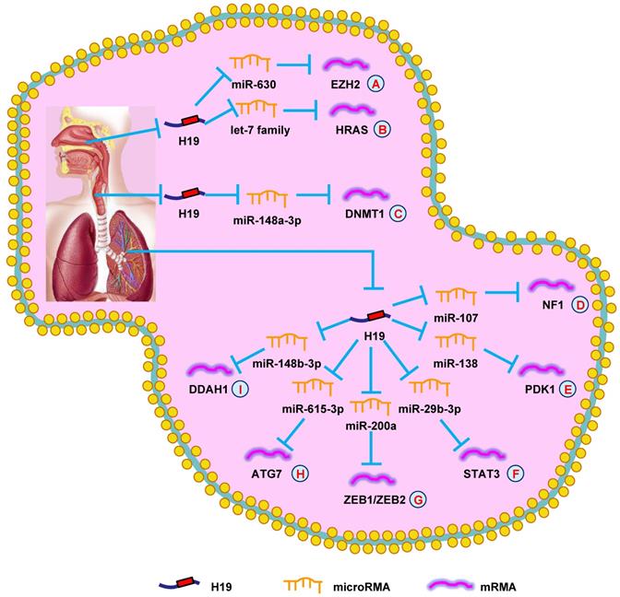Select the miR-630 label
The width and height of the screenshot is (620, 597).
[x=249, y=86]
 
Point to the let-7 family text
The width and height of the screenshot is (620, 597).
[x=260, y=131]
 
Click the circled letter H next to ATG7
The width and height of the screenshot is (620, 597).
[x=300, y=474]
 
